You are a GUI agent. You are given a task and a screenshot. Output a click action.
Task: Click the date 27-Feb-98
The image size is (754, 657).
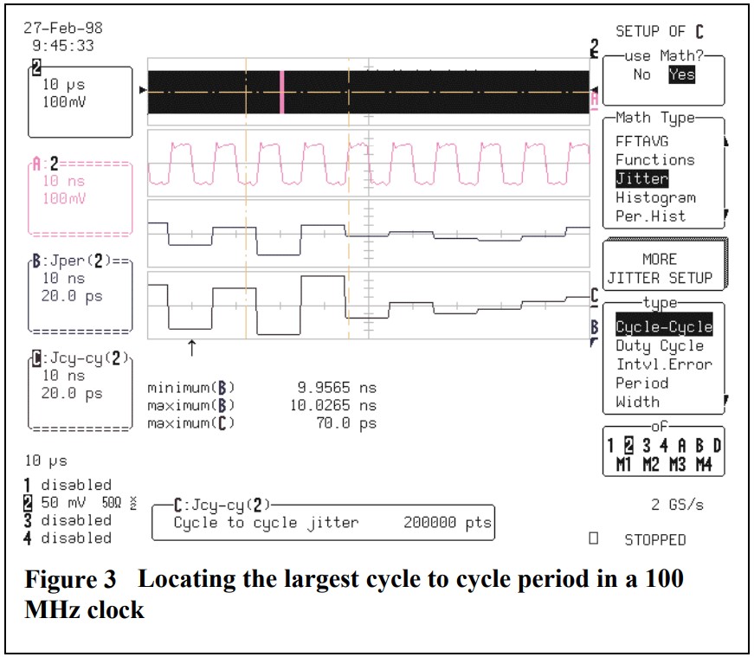pos(63,27)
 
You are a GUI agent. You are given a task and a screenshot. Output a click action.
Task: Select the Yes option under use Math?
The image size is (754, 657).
pos(681,74)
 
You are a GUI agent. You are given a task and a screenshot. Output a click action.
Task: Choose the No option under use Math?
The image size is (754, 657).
pos(641,74)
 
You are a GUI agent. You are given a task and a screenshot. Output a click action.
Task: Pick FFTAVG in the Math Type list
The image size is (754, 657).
pos(641,141)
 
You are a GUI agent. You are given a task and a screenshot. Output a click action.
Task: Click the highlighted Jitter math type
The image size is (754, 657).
pos(641,178)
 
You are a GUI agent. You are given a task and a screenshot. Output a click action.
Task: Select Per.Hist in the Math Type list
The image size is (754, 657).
pos(650,216)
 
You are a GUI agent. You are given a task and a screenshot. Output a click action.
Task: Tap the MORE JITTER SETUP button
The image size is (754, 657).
pos(660,268)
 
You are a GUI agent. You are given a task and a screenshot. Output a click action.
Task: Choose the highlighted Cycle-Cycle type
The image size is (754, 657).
pos(664,326)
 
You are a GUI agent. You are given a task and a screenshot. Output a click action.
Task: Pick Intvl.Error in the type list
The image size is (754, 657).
pos(663,364)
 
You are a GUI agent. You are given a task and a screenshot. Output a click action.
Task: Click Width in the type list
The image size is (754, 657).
pos(637,403)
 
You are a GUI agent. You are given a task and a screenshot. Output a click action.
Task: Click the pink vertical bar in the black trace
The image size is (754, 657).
pos(281,92)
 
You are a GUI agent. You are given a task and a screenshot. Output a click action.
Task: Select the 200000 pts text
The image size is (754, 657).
pos(448,523)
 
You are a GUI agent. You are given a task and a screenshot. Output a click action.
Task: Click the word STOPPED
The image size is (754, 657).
pos(655,540)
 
